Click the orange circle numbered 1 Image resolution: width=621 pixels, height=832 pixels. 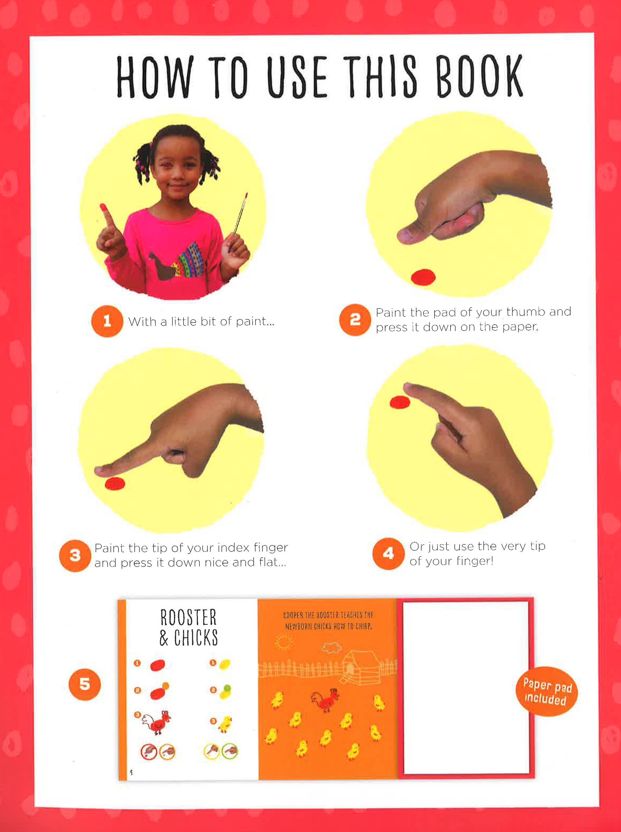pyautogui.click(x=107, y=321)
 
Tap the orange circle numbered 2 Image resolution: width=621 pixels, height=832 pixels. pyautogui.click(x=355, y=320)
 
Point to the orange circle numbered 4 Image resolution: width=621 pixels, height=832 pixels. pyautogui.click(x=388, y=553)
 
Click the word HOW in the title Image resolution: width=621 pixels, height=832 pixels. pyautogui.click(x=154, y=77)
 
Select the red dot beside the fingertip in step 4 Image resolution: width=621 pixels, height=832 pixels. pyautogui.click(x=399, y=402)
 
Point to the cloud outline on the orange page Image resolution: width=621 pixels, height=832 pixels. pyautogui.click(x=332, y=647)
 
